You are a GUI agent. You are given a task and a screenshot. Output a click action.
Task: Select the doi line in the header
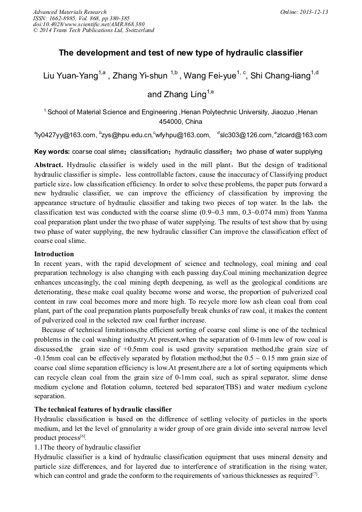89,24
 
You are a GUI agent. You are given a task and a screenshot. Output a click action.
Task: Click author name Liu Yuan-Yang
69,76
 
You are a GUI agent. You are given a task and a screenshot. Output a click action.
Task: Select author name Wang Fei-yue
210,76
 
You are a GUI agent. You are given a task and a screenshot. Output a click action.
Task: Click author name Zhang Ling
176,94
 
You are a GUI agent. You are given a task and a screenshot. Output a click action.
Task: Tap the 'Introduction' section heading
54,254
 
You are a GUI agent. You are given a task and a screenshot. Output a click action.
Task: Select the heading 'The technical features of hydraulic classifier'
103,409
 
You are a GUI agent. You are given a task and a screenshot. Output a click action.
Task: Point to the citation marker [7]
315,474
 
